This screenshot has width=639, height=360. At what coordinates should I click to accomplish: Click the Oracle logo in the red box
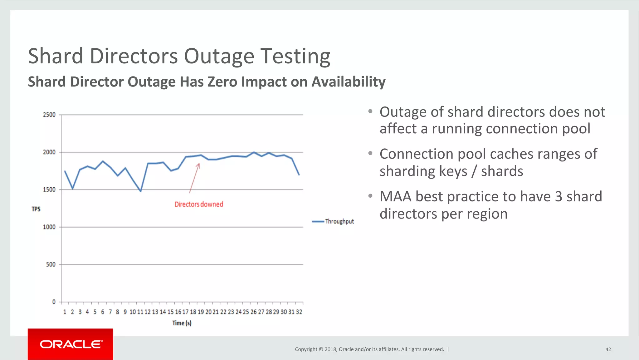[x=71, y=344]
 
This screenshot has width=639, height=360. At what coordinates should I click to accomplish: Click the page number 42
[x=608, y=349]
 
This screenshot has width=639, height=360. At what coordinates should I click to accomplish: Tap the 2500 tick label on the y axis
[x=49, y=115]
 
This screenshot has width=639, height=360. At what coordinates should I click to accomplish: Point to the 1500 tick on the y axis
[x=49, y=190]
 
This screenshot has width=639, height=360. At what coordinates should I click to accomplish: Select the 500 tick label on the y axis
[x=51, y=264]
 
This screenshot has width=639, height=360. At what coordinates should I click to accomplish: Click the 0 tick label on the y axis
[x=54, y=302]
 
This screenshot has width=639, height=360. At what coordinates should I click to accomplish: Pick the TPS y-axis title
[x=36, y=209]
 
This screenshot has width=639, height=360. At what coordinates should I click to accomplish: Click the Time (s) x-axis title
[x=182, y=323]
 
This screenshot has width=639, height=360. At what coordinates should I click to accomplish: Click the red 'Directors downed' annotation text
[x=199, y=204]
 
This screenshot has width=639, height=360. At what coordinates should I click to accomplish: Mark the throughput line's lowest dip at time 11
[x=141, y=191]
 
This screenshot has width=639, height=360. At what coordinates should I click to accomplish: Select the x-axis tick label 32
[x=299, y=312]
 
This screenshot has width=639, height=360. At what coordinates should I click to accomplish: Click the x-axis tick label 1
[x=65, y=312]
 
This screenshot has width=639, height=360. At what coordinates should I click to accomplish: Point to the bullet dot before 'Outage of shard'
[x=370, y=111]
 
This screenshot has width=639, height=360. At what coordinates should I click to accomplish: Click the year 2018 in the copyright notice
[x=330, y=349]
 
